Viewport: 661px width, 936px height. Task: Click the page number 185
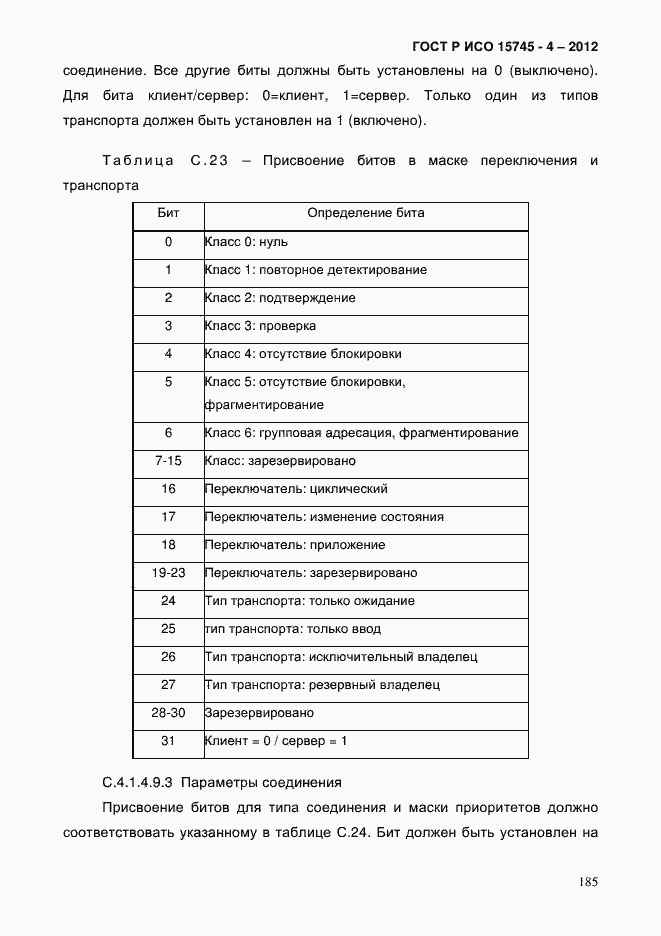click(x=587, y=882)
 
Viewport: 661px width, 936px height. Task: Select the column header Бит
click(x=168, y=214)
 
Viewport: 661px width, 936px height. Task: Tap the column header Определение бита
click(x=365, y=214)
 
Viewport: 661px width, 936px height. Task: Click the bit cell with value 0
click(x=168, y=242)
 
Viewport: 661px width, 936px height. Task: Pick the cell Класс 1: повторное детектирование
click(x=315, y=270)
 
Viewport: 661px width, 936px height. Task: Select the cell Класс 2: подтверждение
click(x=280, y=298)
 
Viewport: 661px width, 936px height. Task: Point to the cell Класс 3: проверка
click(x=260, y=326)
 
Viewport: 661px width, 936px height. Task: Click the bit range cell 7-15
click(x=168, y=461)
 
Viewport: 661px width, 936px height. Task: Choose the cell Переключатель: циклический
click(x=295, y=489)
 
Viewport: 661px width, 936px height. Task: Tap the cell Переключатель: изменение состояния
click(x=324, y=517)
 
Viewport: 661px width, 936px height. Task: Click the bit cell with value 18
click(x=168, y=545)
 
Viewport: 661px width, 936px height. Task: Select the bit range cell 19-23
click(x=168, y=573)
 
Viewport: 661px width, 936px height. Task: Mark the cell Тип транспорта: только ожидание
click(x=309, y=601)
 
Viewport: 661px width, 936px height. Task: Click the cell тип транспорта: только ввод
click(x=292, y=629)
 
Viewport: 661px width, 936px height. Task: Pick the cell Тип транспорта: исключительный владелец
click(x=341, y=657)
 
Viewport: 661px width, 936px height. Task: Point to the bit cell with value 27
click(x=168, y=685)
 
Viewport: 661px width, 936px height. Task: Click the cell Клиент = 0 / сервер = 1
click(x=276, y=741)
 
